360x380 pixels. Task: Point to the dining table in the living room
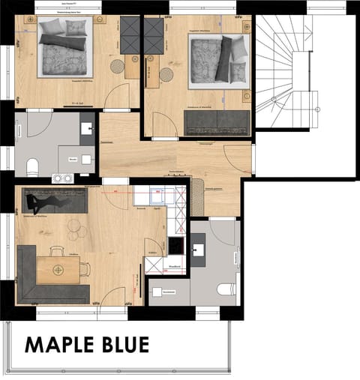[58, 270]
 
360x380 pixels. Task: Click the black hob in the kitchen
[176, 245]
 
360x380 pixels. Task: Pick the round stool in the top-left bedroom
[118, 66]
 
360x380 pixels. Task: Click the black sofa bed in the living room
[56, 200]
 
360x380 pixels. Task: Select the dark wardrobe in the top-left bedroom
[130, 34]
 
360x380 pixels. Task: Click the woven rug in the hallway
[198, 196]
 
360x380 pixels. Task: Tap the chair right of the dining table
[85, 269]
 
